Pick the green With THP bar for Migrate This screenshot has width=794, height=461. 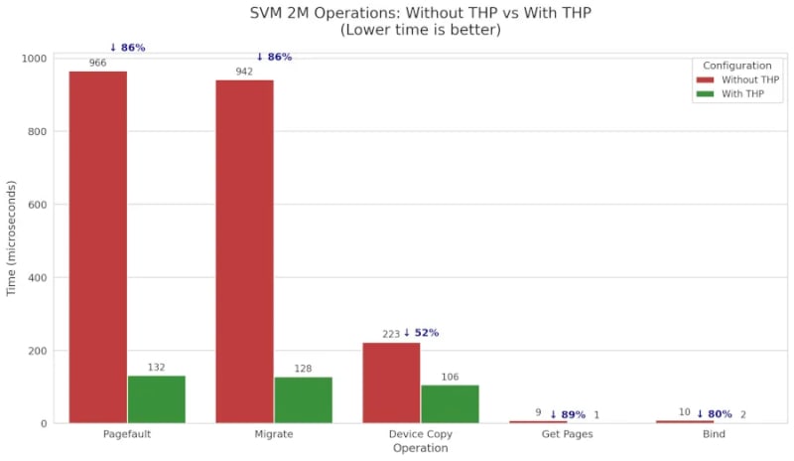pyautogui.click(x=303, y=400)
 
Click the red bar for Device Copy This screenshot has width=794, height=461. pyautogui.click(x=391, y=383)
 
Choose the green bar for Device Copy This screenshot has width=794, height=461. pyautogui.click(x=450, y=404)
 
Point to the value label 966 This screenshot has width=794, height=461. pyautogui.click(x=97, y=64)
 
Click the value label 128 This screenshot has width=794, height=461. pyautogui.click(x=303, y=370)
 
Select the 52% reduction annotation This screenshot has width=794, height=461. pyautogui.click(x=421, y=333)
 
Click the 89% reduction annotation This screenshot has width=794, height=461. pyautogui.click(x=568, y=414)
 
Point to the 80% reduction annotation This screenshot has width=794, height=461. pyautogui.click(x=715, y=414)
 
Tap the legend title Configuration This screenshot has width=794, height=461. pyautogui.click(x=735, y=66)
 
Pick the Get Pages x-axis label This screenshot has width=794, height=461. pyautogui.click(x=568, y=435)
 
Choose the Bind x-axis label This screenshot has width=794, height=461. pyautogui.click(x=714, y=435)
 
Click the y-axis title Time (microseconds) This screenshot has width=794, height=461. pyautogui.click(x=12, y=238)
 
